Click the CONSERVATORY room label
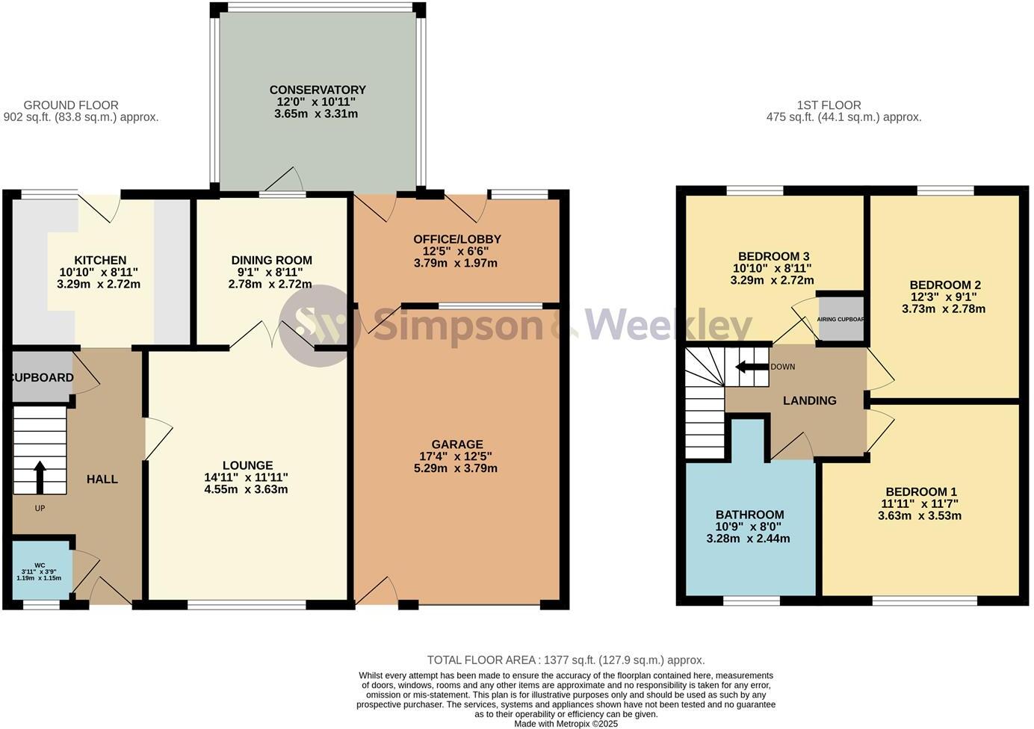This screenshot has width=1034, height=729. pyautogui.click(x=318, y=90)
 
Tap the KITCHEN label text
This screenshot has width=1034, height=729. pyautogui.click(x=99, y=261)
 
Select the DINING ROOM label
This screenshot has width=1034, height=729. pyautogui.click(x=271, y=261)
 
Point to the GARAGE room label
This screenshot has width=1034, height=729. pyautogui.click(x=457, y=444)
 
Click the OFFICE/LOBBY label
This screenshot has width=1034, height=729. pyautogui.click(x=456, y=239)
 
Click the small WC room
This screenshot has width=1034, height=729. pyautogui.click(x=42, y=571)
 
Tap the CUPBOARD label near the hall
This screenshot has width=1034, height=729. pyautogui.click(x=43, y=378)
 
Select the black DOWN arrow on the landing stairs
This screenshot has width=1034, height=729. pyautogui.click(x=752, y=367)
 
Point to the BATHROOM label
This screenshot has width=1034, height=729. pyautogui.click(x=749, y=515)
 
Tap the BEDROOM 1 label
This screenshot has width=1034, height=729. pyautogui.click(x=920, y=491)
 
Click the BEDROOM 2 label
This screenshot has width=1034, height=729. pyautogui.click(x=944, y=285)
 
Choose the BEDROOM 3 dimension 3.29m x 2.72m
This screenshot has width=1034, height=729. pyautogui.click(x=772, y=281)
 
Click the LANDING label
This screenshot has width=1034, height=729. pyautogui.click(x=809, y=401)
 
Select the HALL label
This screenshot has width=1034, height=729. pyautogui.click(x=102, y=480)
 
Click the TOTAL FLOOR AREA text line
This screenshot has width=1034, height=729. pyautogui.click(x=566, y=660)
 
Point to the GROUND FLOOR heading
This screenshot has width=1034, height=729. pyautogui.click(x=71, y=105)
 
